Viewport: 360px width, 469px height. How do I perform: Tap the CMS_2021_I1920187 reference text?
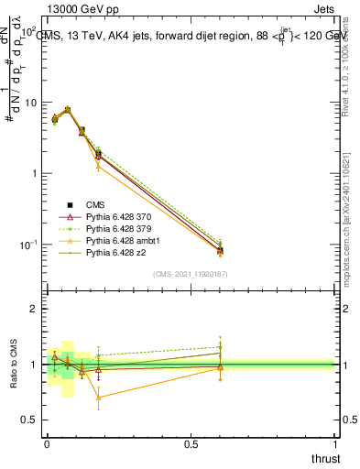coord(190,273)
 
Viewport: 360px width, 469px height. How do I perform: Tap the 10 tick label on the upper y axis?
coord(30,103)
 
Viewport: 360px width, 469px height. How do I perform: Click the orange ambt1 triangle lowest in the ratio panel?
coord(98,398)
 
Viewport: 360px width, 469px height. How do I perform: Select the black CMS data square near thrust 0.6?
coord(220,250)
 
